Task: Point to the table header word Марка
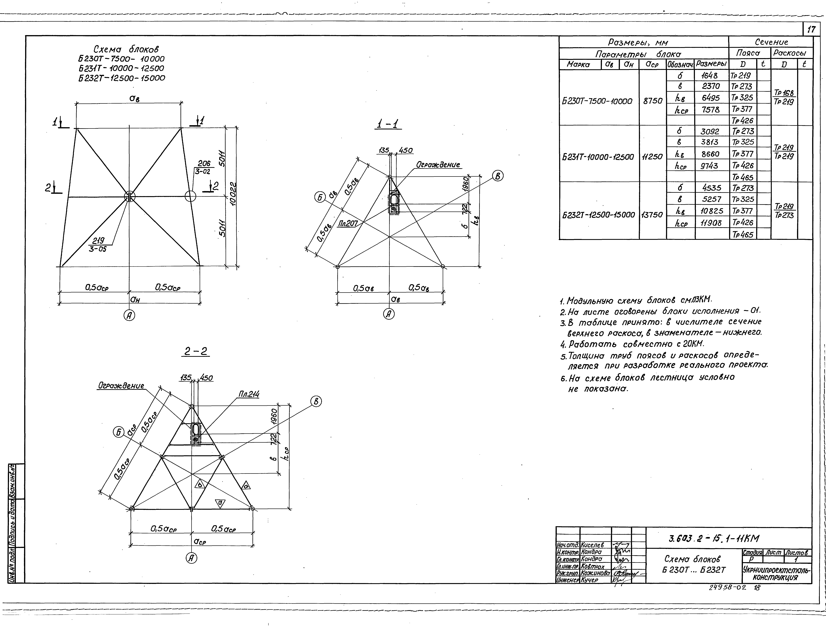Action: click(578, 64)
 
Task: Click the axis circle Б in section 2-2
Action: click(119, 432)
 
